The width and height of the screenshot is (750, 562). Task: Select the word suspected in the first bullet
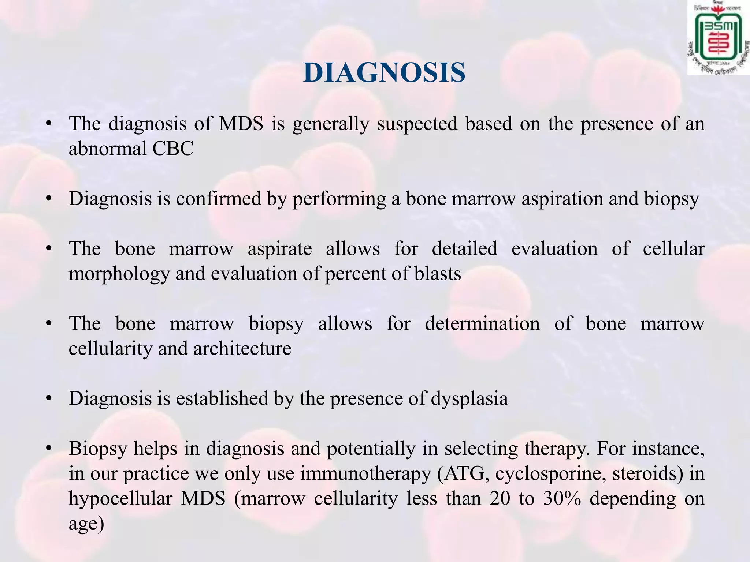[x=417, y=124]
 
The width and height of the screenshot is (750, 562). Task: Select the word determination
[x=482, y=323]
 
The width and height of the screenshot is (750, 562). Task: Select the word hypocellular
[x=120, y=499]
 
